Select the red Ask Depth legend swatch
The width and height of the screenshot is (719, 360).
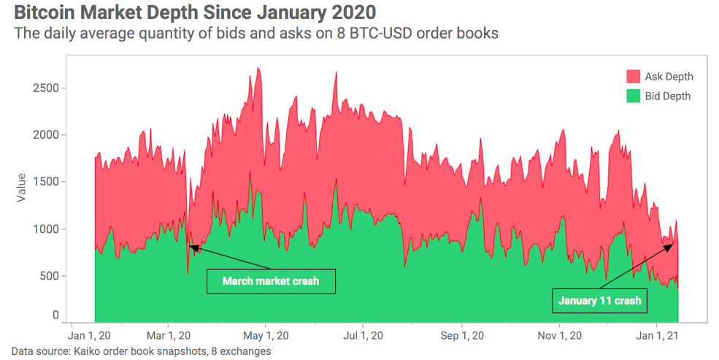632,77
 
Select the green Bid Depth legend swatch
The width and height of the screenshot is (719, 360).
632,96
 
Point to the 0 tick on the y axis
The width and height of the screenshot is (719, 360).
55,315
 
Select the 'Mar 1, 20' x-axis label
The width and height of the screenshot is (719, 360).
168,336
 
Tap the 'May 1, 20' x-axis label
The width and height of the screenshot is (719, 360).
266,336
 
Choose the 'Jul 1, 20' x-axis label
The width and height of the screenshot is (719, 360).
363,336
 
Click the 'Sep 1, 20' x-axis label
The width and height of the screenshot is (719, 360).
461,336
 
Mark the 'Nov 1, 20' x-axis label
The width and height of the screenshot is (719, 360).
559,336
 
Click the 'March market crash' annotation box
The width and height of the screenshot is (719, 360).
271,281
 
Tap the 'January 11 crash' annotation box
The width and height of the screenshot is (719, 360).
599,300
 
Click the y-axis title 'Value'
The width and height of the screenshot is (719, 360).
21,188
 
